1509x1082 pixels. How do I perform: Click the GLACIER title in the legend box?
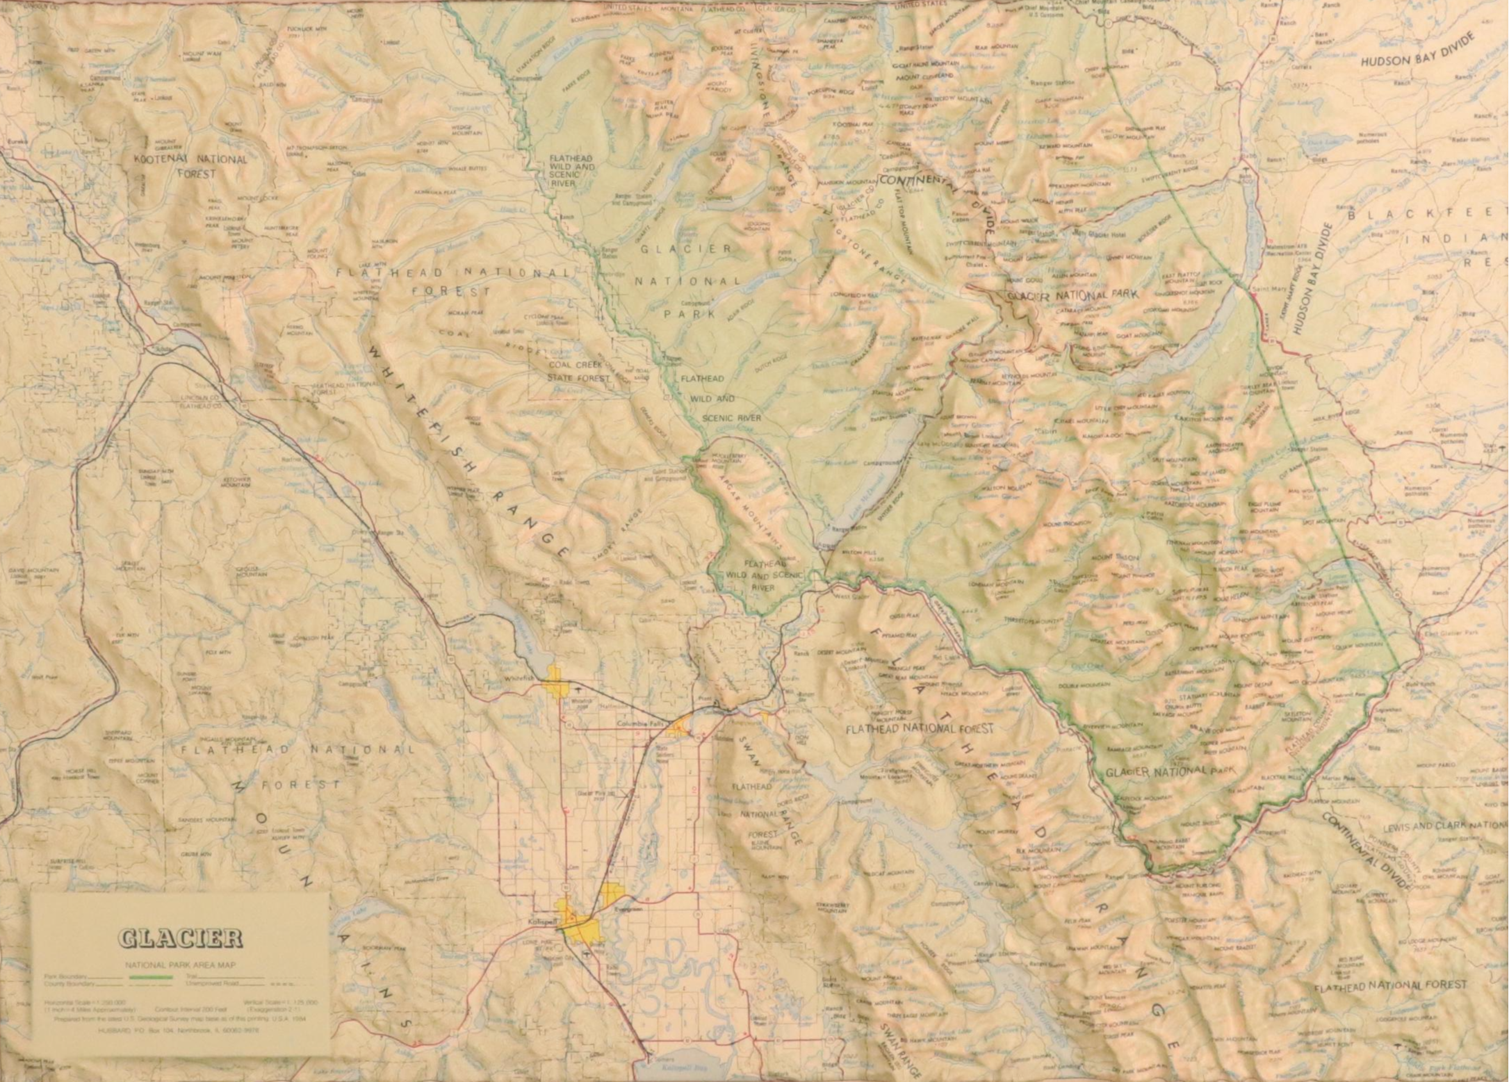click(x=180, y=939)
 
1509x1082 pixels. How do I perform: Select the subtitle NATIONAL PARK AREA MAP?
click(x=180, y=965)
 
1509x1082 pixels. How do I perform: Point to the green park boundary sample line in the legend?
click(x=152, y=976)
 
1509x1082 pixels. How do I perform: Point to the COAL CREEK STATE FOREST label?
click(x=579, y=371)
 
